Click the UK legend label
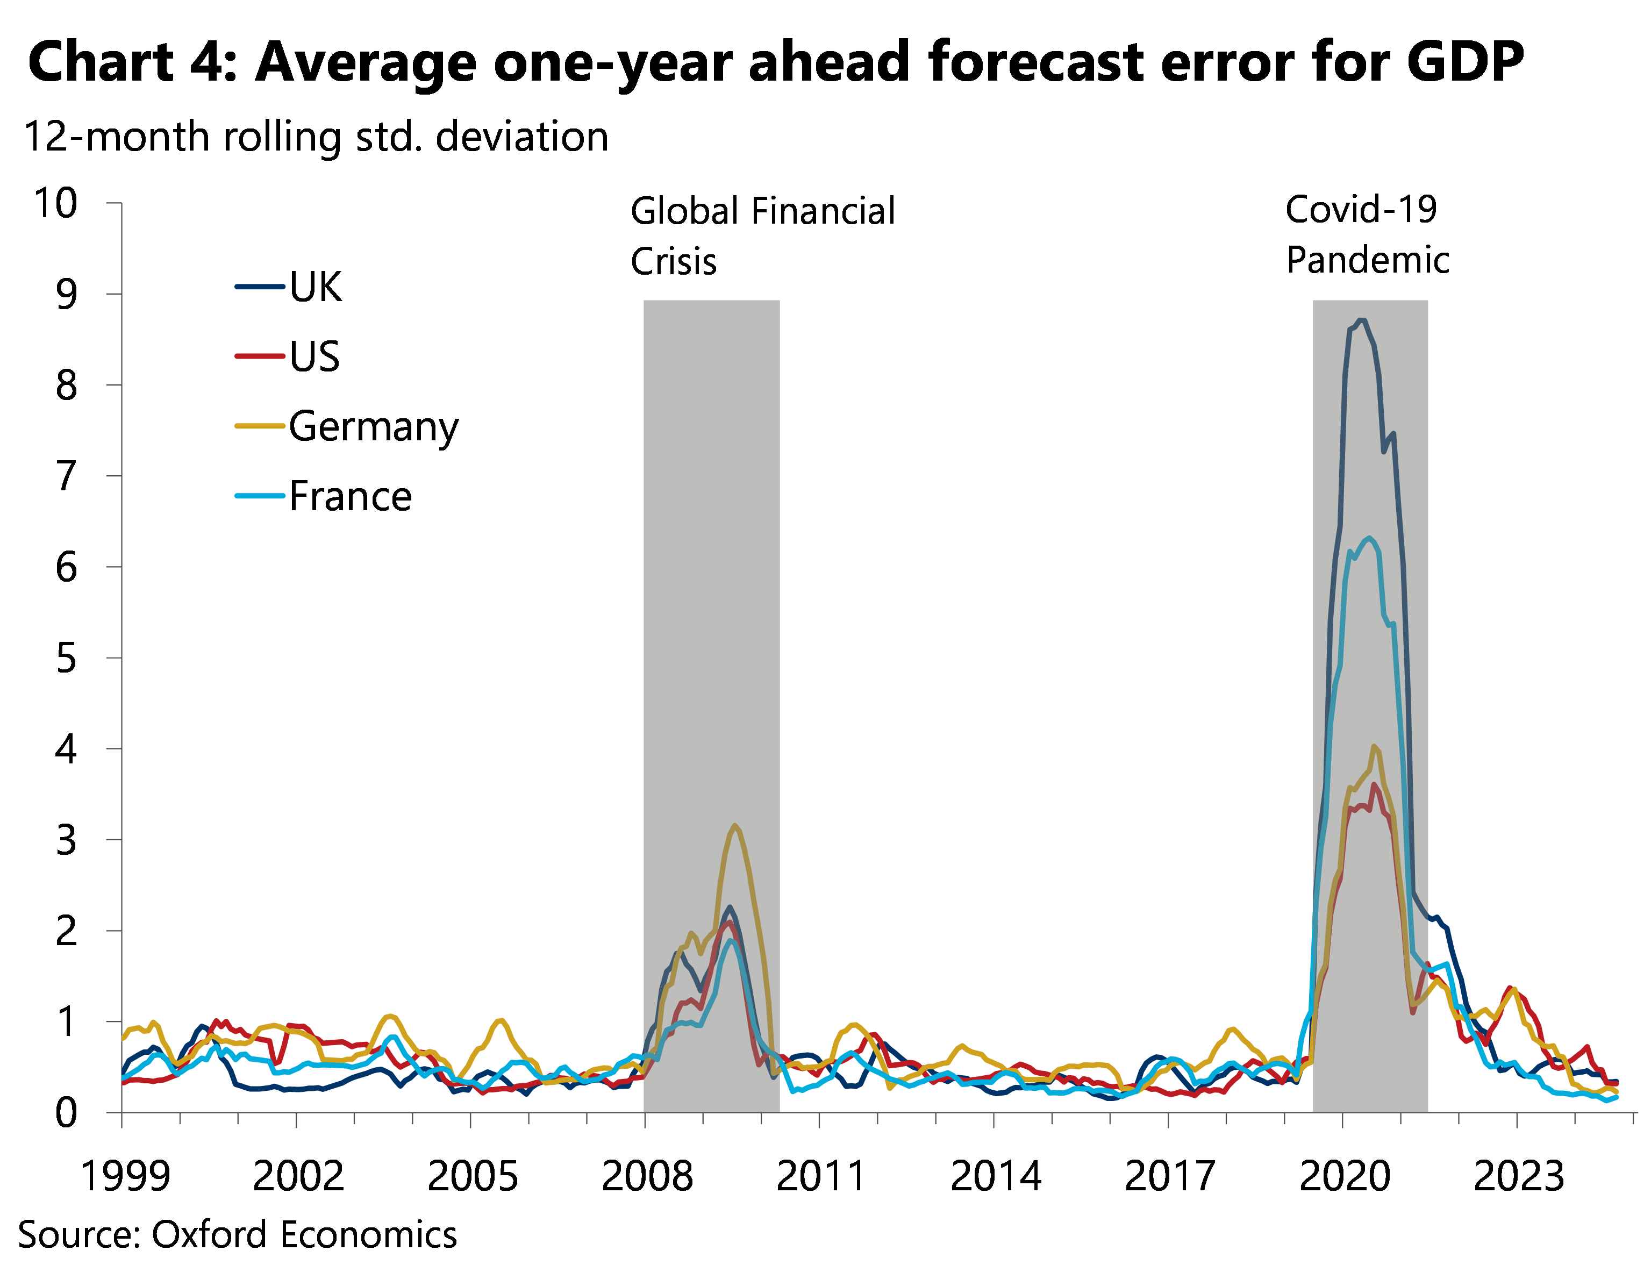pos(316,287)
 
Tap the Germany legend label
pos(374,427)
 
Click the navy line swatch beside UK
pos(260,287)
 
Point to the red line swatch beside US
pos(260,356)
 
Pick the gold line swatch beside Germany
pos(260,426)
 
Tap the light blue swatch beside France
pos(260,496)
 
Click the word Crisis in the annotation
pos(673,262)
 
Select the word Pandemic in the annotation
pos(1367,261)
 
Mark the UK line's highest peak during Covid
pos(1362,321)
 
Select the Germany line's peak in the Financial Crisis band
pos(735,826)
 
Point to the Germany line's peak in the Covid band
pos(1375,746)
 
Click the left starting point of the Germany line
pos(123,1039)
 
